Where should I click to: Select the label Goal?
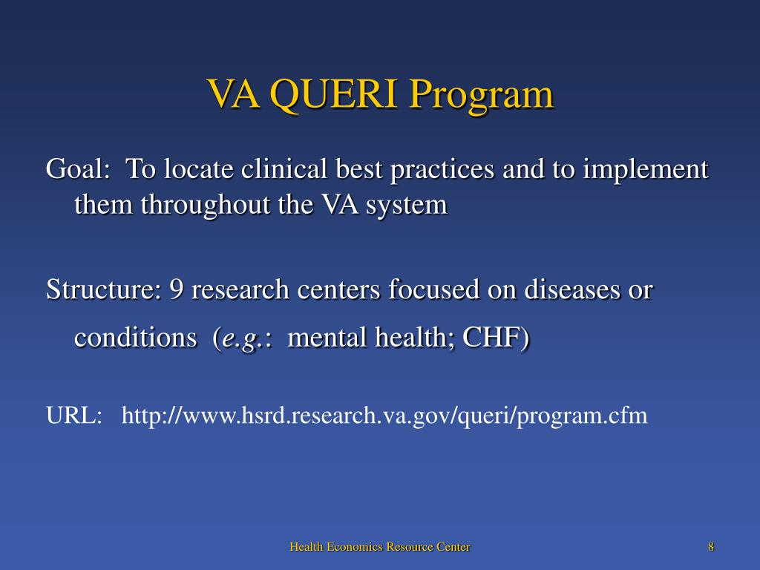[78, 170]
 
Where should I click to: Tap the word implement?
[646, 170]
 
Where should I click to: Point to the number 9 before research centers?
[177, 289]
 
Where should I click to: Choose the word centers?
[338, 289]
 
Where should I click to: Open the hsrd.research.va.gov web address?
[384, 416]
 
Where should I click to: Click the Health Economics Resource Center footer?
[380, 547]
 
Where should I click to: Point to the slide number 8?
[711, 547]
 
